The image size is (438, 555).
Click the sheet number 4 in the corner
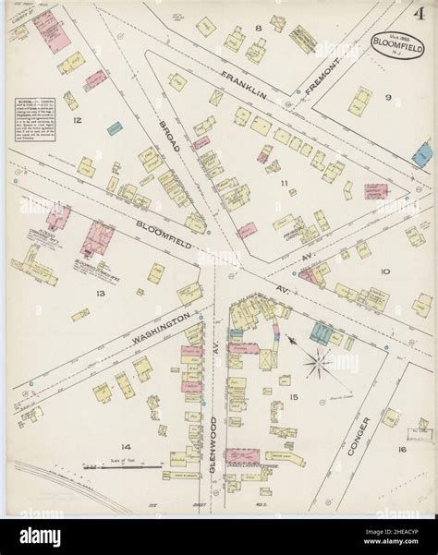(x=420, y=15)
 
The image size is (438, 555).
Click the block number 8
(x=259, y=29)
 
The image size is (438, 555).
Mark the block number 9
(x=388, y=97)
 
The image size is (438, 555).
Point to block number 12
(x=78, y=120)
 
